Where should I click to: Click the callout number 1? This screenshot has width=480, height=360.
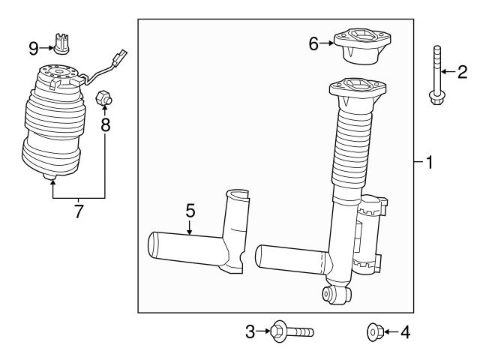430,162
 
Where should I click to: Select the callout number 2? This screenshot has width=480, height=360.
463,71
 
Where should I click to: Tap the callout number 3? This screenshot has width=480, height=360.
250,330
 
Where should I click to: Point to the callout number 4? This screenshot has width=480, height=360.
406,330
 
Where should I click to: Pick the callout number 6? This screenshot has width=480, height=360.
314,44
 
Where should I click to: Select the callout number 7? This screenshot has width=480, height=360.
79,211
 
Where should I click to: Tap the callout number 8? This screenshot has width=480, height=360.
106,124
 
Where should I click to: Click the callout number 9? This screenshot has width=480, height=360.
34,48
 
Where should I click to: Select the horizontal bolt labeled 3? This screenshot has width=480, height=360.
292,330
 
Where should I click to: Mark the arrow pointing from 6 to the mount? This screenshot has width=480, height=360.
328,44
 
